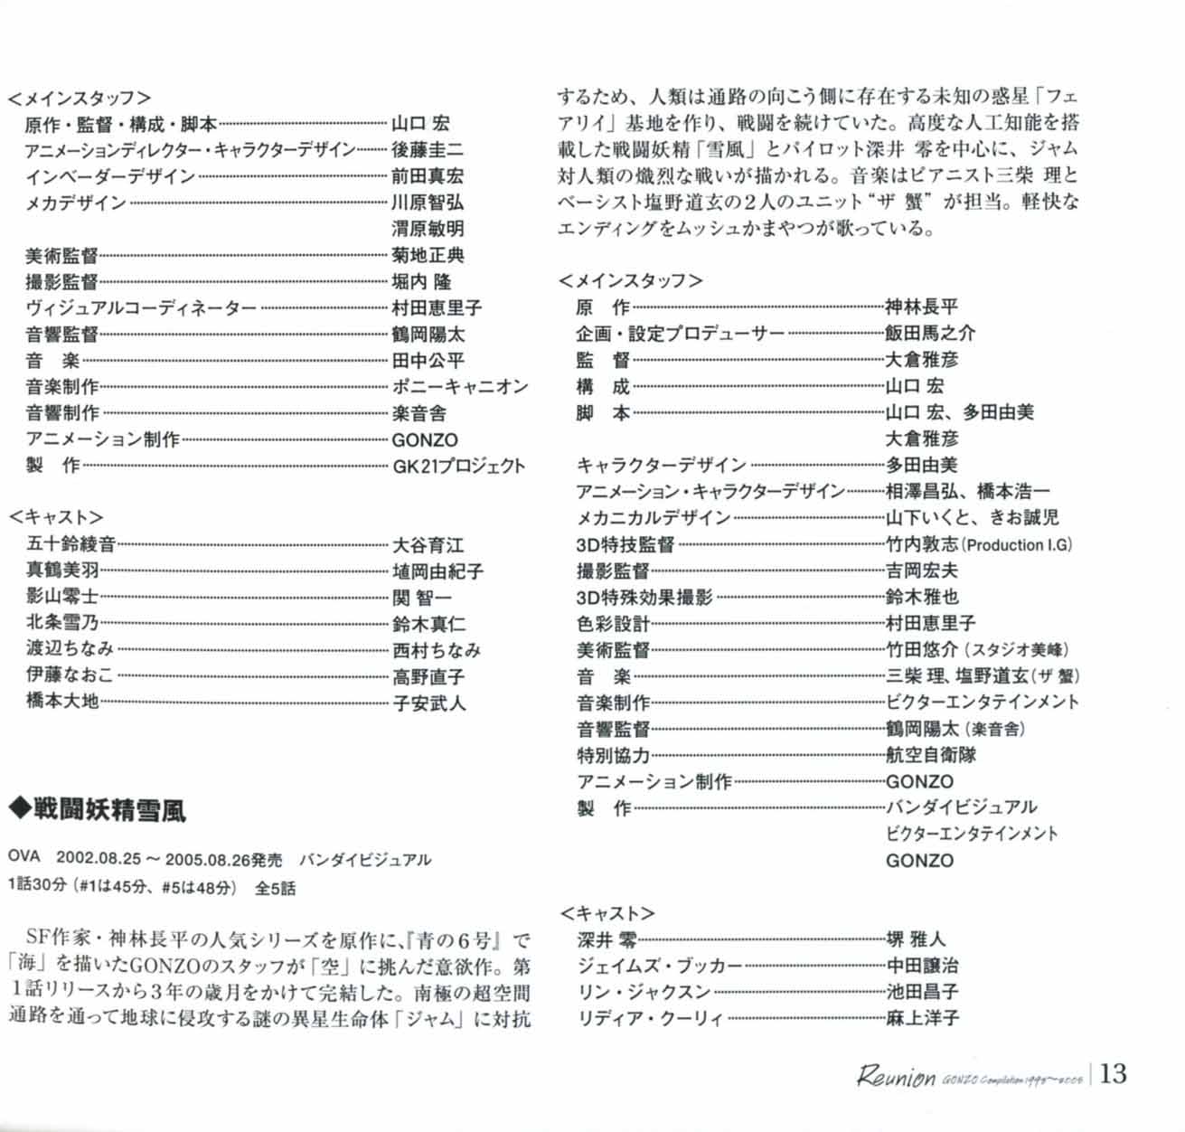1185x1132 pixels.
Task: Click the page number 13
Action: pyautogui.click(x=1114, y=1073)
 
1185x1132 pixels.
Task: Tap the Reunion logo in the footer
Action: pyautogui.click(x=896, y=1076)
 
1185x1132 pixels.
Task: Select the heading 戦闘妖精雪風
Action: pyautogui.click(x=109, y=809)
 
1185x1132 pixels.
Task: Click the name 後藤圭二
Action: pyautogui.click(x=428, y=150)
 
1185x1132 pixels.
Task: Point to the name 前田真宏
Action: pyautogui.click(x=428, y=176)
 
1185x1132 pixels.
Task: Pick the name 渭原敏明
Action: pyautogui.click(x=428, y=229)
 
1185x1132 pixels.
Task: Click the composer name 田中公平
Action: pyautogui.click(x=428, y=361)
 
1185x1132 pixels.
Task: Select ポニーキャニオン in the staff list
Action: pyautogui.click(x=459, y=387)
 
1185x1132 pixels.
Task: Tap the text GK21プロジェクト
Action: pyautogui.click(x=458, y=467)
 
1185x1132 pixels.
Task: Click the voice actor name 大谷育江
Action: pyautogui.click(x=428, y=545)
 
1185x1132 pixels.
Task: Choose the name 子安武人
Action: pyautogui.click(x=428, y=703)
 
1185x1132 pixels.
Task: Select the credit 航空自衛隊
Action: pyautogui.click(x=930, y=755)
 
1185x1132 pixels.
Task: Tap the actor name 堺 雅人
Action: pyautogui.click(x=916, y=939)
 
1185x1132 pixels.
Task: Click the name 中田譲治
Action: pyautogui.click(x=921, y=966)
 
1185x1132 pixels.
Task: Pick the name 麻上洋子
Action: pyautogui.click(x=921, y=1018)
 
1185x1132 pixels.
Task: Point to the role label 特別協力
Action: pyautogui.click(x=613, y=755)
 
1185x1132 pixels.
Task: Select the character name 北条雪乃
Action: pyautogui.click(x=62, y=623)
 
